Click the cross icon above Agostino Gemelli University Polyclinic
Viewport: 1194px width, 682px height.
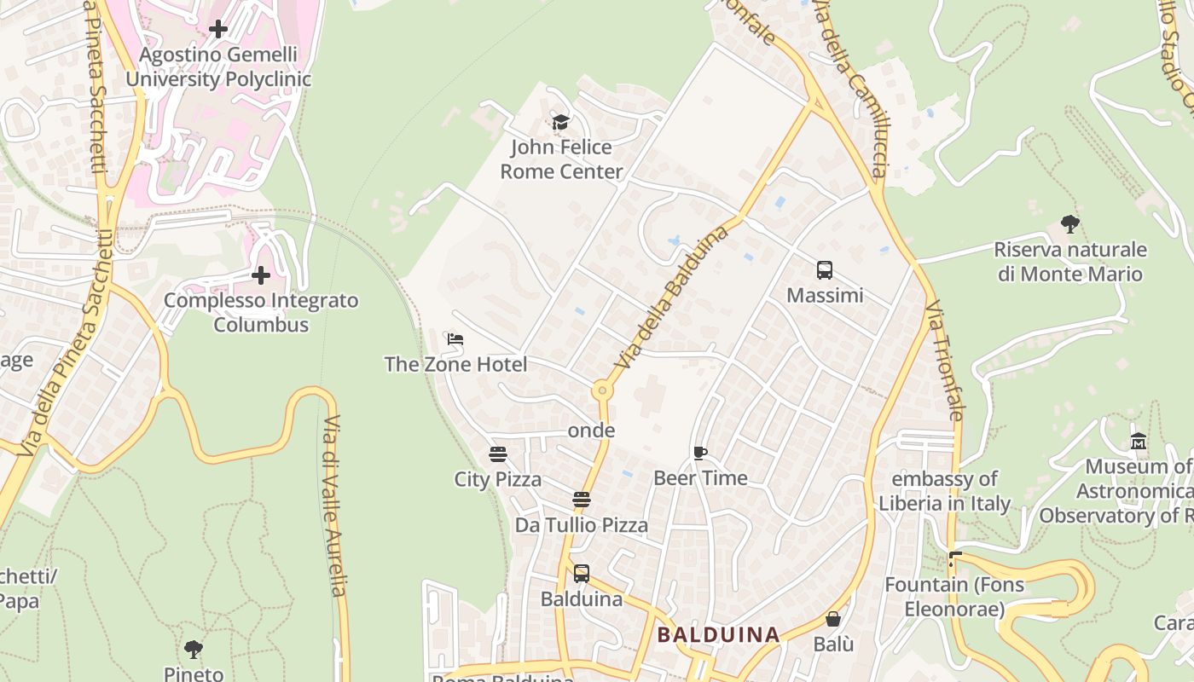point(218,29)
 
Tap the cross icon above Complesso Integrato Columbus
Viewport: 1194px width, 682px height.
point(261,275)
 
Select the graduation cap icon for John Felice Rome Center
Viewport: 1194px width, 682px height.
point(560,122)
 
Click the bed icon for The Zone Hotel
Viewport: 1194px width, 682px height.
point(455,339)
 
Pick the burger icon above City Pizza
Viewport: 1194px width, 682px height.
point(498,454)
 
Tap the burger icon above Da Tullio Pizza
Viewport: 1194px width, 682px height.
point(582,500)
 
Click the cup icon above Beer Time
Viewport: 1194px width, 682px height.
point(700,453)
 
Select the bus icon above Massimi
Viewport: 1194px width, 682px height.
point(825,270)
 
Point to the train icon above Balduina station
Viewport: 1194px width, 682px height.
point(582,574)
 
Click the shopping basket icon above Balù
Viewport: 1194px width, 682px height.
point(833,619)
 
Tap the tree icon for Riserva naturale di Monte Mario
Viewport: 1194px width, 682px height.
point(1070,225)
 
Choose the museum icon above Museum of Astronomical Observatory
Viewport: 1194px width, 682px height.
point(1139,442)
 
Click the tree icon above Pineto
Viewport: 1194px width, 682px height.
point(194,650)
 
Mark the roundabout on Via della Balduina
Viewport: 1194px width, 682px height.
point(602,390)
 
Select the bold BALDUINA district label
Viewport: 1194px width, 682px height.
point(719,635)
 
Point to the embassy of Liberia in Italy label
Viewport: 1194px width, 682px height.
point(945,491)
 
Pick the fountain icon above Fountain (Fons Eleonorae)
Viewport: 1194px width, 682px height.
point(954,561)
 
